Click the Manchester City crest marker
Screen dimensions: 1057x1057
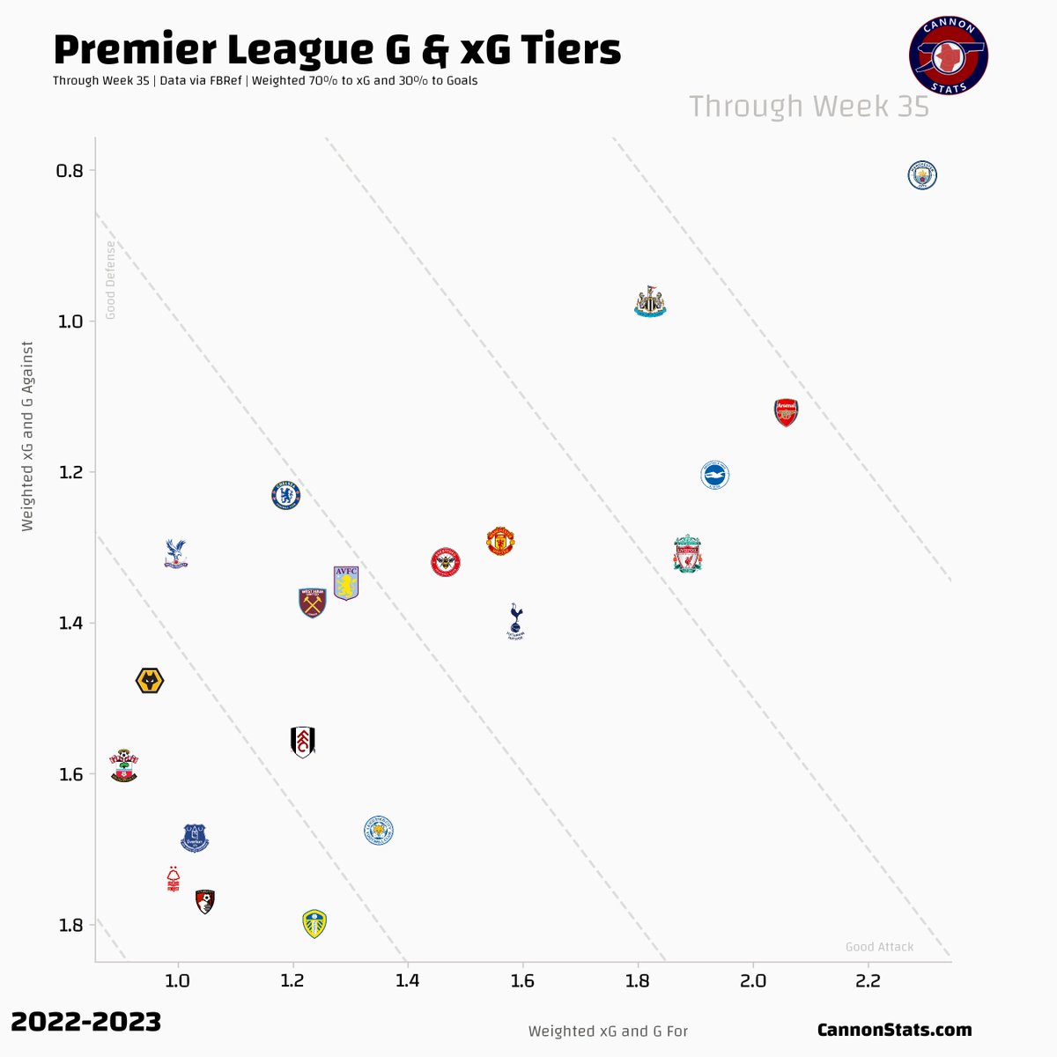click(x=922, y=175)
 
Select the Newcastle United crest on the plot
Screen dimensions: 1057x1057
click(x=650, y=302)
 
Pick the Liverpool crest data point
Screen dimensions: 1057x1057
click(x=687, y=554)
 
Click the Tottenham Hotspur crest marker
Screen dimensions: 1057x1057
click(x=516, y=621)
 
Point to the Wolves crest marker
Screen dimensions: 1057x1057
click(x=150, y=681)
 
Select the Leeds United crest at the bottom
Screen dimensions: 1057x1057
click(x=314, y=923)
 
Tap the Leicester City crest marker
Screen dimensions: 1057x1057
click(x=379, y=831)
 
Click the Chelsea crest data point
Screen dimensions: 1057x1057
click(x=286, y=496)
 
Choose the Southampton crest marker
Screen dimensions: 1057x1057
click(x=124, y=765)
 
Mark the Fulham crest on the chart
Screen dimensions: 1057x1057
click(x=302, y=742)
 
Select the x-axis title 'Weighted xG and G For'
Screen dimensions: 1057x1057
click(x=608, y=1031)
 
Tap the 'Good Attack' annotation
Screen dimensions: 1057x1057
click(x=879, y=947)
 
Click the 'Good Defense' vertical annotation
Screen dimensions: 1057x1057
click(x=111, y=279)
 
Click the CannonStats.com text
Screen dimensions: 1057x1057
click(x=894, y=1030)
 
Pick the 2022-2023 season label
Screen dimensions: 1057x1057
click(x=86, y=1022)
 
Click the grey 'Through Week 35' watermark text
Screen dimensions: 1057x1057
click(x=809, y=107)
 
